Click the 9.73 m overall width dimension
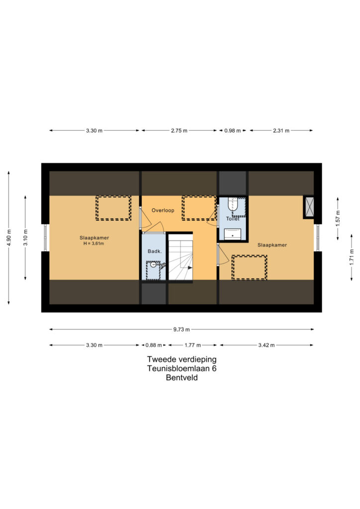tap(181, 330)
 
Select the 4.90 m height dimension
tap(9, 238)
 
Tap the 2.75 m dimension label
tap(179, 131)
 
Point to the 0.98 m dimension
tap(232, 131)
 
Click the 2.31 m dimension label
tap(281, 131)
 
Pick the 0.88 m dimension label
tap(154, 345)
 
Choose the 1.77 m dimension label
tap(193, 345)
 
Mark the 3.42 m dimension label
tap(267, 345)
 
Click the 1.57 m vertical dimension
tap(338, 219)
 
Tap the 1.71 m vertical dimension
tap(352, 257)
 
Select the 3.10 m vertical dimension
tap(26, 238)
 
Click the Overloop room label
tap(163, 210)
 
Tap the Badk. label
tap(155, 251)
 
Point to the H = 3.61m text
tap(94, 244)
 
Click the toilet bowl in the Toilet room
tap(233, 204)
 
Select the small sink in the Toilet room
tap(232, 234)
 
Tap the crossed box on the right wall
tap(309, 207)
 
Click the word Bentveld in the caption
tap(182, 378)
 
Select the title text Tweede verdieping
tap(182, 359)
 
